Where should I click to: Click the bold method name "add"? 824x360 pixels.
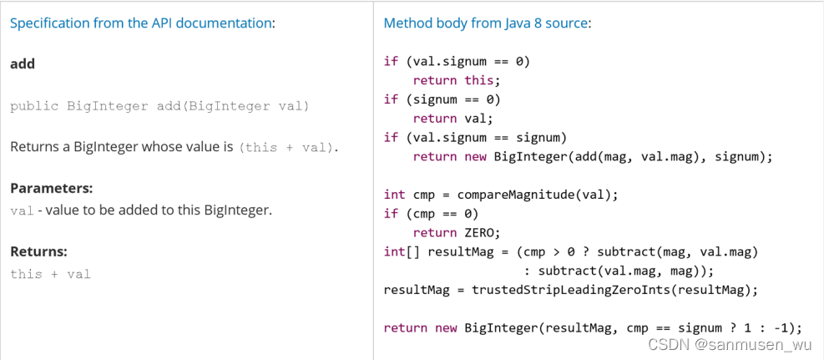click(x=23, y=63)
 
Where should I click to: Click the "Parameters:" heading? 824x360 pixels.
click(x=52, y=189)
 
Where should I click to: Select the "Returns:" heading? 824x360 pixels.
click(x=38, y=251)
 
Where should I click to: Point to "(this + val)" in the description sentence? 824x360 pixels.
click(x=286, y=147)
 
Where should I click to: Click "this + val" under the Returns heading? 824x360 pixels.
click(x=50, y=274)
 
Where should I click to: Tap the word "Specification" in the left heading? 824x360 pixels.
click(x=48, y=23)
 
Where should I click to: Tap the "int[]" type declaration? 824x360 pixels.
click(x=402, y=251)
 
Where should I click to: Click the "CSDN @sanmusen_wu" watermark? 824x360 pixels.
click(x=730, y=344)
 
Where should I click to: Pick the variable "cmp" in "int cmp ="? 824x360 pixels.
click(x=424, y=195)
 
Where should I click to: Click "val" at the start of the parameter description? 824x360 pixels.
click(x=22, y=210)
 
